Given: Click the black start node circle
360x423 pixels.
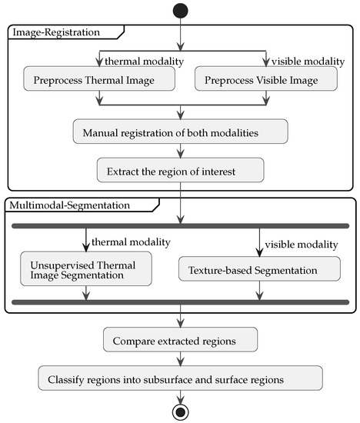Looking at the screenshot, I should click(x=180, y=10).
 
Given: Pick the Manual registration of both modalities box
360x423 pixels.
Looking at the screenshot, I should click(x=180, y=131).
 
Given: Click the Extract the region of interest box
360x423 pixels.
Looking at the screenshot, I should click(x=180, y=170).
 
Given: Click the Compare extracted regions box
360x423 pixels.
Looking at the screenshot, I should click(x=180, y=339).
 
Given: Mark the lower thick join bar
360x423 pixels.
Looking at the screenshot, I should click(x=180, y=302).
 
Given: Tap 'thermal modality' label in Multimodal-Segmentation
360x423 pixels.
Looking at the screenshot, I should click(x=131, y=241).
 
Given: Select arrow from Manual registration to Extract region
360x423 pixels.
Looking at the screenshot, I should click(x=180, y=150).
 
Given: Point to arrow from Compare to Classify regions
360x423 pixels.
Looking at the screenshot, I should click(x=180, y=358).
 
